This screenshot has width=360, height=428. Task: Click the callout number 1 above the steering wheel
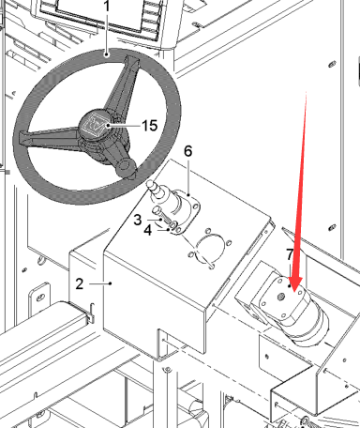pos(107,6)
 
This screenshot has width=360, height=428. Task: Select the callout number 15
pos(150,126)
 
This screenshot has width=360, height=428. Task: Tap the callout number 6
pos(187,151)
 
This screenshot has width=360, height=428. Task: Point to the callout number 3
pos(138,220)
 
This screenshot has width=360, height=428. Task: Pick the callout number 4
pos(148,230)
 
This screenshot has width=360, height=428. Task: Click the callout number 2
pos(80,283)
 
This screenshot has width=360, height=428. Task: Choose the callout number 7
pos(290,254)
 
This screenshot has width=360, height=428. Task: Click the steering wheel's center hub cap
pos(96,124)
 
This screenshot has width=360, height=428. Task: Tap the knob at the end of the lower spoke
pos(127,168)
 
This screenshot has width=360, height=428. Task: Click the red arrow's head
pos(294,284)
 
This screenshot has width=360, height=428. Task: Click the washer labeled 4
pos(173,224)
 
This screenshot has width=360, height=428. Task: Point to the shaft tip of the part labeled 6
pos(151,184)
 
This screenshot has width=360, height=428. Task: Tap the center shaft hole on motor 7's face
pos(281,296)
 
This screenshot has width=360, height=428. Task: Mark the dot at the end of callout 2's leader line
pos(111,283)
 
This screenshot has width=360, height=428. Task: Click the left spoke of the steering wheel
pos(50,138)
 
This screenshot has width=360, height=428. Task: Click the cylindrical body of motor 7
pos(307,326)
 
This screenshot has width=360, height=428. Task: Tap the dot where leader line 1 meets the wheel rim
pos(107,54)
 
